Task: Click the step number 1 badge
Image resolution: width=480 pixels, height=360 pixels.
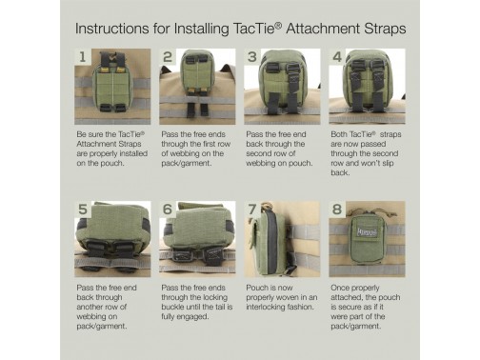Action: click(83, 57)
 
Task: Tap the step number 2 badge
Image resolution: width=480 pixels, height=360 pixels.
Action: click(168, 57)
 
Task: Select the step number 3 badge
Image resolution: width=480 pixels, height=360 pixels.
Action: click(252, 57)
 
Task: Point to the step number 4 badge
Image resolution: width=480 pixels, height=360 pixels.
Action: click(337, 57)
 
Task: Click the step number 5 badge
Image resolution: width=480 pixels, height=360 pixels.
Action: click(83, 210)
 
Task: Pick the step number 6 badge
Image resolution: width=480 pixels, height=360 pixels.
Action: click(168, 210)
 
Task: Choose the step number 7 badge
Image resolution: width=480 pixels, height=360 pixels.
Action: click(252, 210)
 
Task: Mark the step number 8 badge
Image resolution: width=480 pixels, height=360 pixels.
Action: click(337, 210)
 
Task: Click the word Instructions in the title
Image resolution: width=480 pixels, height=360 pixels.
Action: click(112, 29)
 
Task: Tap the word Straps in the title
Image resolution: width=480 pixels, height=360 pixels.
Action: click(385, 29)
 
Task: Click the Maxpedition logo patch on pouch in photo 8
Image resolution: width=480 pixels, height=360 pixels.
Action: click(367, 231)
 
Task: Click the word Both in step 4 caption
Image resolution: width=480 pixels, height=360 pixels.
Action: click(339, 134)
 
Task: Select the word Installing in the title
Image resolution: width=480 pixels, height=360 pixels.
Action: click(202, 29)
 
